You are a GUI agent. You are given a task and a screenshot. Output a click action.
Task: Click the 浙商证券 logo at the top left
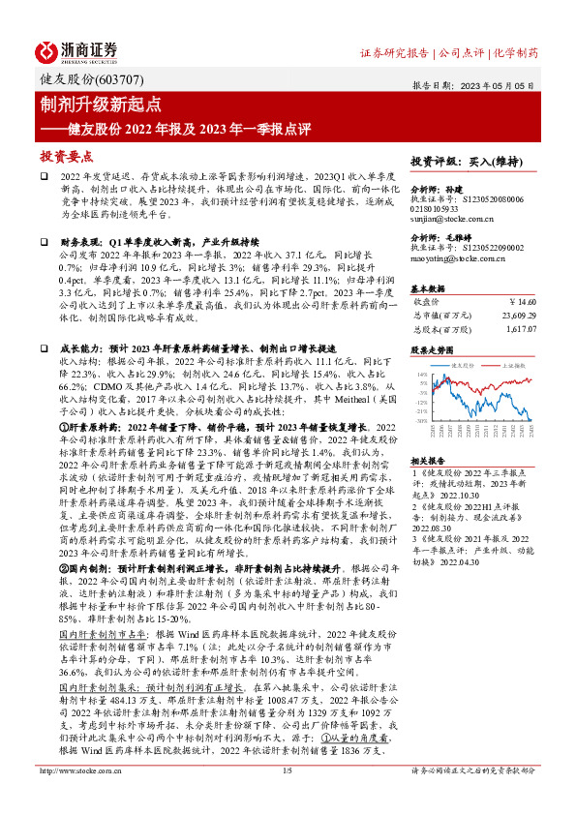76,50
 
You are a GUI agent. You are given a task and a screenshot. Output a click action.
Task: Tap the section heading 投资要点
66,155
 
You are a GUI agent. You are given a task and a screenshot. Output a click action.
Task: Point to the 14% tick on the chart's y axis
424,374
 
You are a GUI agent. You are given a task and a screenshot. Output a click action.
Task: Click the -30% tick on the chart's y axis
423,421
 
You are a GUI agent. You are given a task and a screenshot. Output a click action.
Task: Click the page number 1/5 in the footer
287,798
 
